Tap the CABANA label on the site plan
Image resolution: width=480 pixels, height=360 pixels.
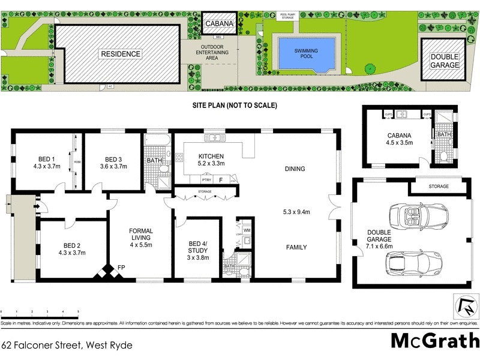pos(216,24)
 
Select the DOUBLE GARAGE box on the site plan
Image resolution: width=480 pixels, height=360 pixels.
pos(444,60)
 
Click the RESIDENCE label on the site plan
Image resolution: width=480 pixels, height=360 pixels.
pos(120,54)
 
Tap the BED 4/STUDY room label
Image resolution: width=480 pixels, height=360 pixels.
pos(197,246)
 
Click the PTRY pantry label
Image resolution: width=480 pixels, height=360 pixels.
pos(206,179)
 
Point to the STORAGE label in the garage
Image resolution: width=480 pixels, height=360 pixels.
pos(438,187)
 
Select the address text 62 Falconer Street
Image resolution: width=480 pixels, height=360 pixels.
pos(66,345)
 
